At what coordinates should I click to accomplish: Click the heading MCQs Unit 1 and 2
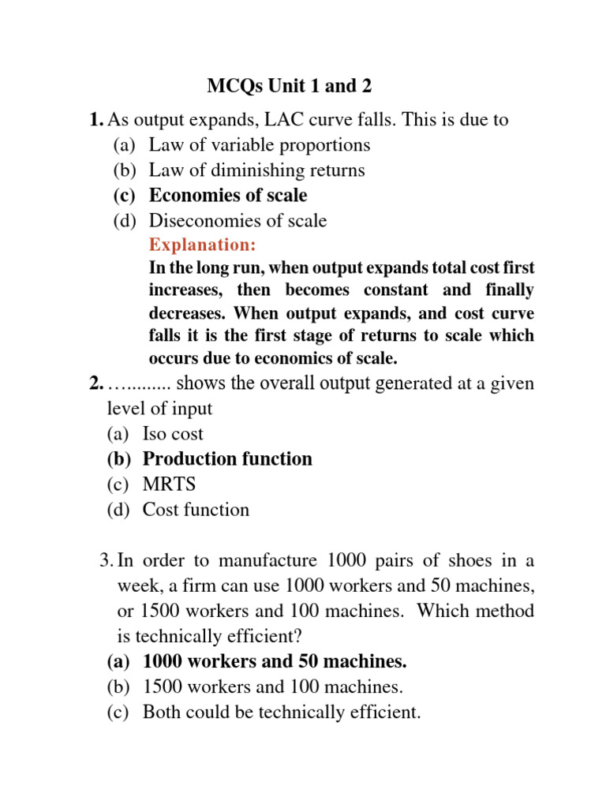[x=289, y=86]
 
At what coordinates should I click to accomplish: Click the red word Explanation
[x=202, y=245]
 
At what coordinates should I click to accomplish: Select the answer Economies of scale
[x=228, y=195]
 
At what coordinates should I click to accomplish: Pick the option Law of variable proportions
[x=260, y=144]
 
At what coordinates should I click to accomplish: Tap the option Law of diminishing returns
[x=256, y=170]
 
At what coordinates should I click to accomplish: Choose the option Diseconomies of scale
[x=238, y=220]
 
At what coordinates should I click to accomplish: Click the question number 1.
[x=95, y=120]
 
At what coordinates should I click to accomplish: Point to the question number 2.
[x=95, y=383]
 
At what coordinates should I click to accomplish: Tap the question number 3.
[x=107, y=560]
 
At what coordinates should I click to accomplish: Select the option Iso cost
[x=173, y=434]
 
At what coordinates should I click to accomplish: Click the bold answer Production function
[x=227, y=459]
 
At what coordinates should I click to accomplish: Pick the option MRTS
[x=169, y=484]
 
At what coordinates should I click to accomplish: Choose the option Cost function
[x=196, y=510]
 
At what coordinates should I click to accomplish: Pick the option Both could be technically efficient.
[x=282, y=712]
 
